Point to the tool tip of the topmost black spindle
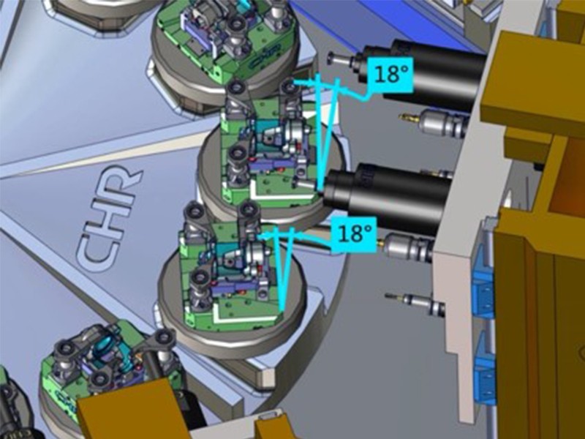tap(333, 57)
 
